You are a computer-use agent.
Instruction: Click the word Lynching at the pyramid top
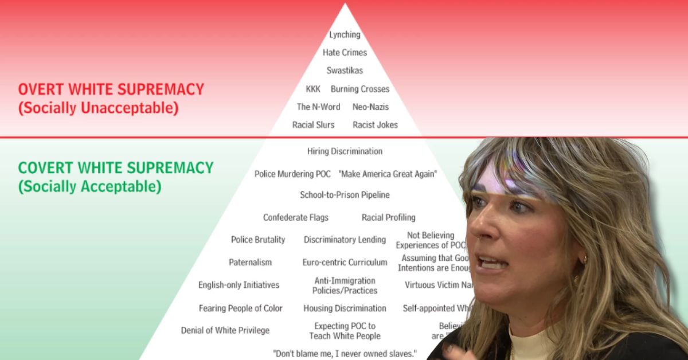tap(345, 35)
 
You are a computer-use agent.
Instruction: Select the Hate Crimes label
tap(345, 53)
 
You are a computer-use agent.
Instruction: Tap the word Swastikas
tap(345, 71)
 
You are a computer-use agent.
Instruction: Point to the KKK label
tap(313, 89)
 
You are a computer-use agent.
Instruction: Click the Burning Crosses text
tap(360, 89)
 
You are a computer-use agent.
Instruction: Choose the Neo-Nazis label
tap(370, 107)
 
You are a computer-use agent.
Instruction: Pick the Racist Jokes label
tap(375, 124)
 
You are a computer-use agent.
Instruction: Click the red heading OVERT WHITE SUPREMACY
tap(111, 89)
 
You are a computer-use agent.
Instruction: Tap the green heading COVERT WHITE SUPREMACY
tap(116, 168)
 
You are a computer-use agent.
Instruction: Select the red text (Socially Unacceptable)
tap(98, 108)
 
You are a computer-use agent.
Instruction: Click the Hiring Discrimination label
tap(345, 151)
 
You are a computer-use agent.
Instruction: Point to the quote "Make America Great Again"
tap(388, 174)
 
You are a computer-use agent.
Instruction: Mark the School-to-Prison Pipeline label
tap(345, 195)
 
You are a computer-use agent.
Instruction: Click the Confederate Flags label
tap(296, 218)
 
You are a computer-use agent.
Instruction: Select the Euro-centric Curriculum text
tap(345, 263)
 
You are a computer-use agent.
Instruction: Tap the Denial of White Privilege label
tap(225, 330)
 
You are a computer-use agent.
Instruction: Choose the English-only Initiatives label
tap(239, 285)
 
